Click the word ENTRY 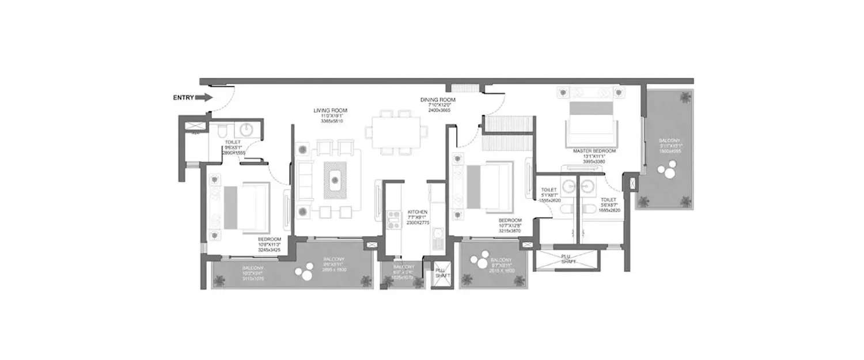183,98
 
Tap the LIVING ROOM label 330,110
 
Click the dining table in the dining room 396,131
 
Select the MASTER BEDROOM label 594,151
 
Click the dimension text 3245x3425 270,251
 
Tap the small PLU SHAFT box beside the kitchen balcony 442,272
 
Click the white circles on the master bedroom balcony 669,171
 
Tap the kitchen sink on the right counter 438,234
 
